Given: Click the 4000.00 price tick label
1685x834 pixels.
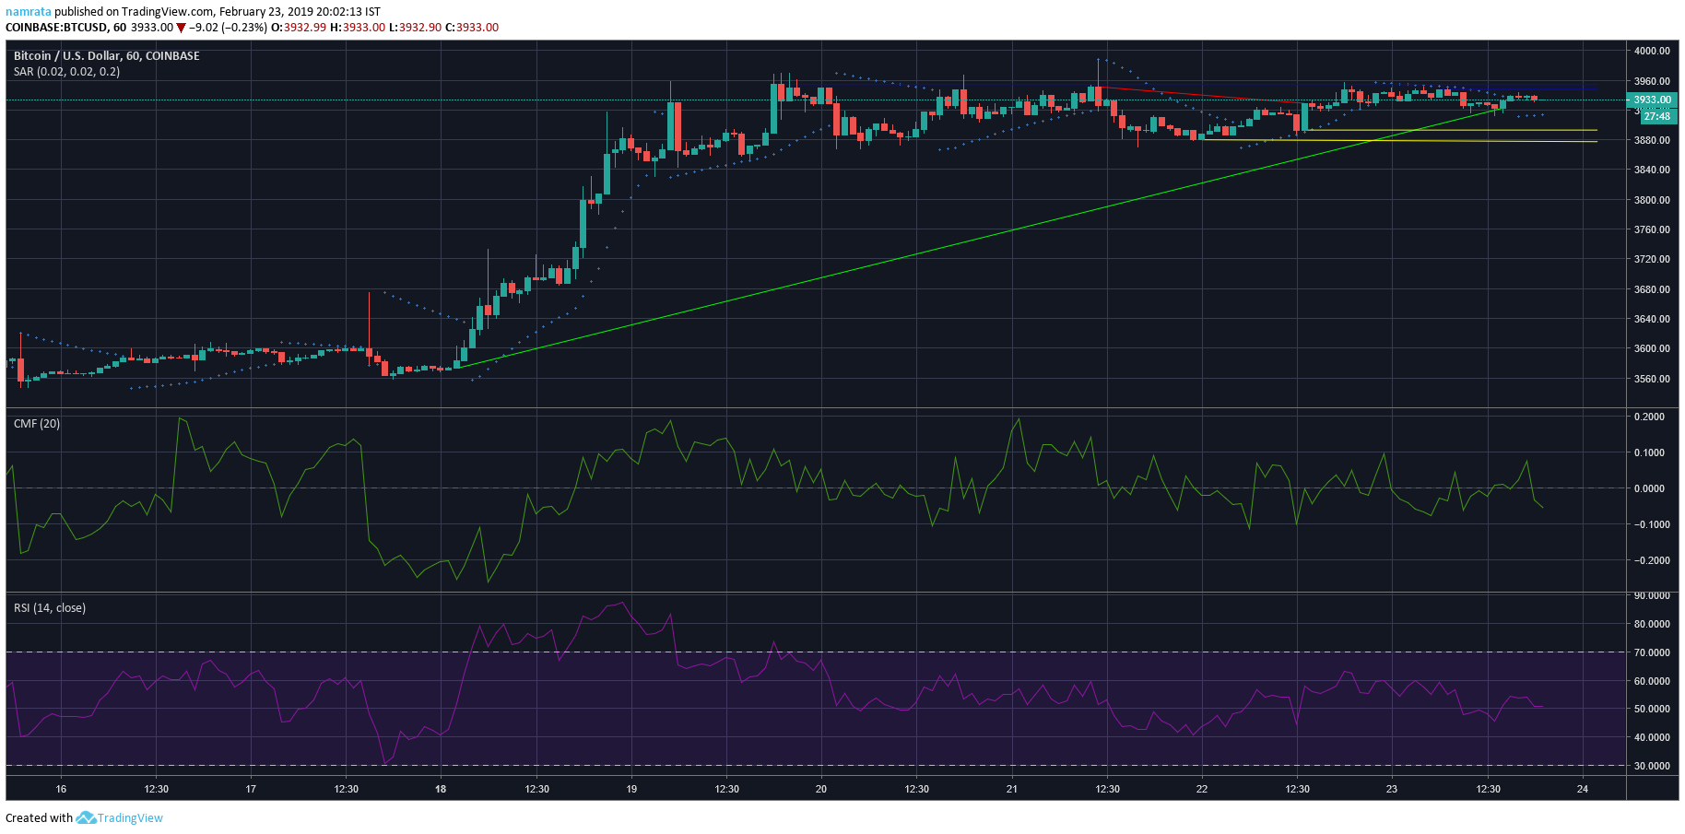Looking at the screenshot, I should click(x=1652, y=51).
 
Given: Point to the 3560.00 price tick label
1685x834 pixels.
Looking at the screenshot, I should click(x=1652, y=379).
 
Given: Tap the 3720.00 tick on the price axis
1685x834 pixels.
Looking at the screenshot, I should click(x=1652, y=259).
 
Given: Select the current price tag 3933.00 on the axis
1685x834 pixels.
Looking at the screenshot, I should click(x=1653, y=100).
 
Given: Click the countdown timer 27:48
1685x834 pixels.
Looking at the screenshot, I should click(x=1656, y=117).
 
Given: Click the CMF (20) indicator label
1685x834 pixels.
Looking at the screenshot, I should click(x=37, y=424).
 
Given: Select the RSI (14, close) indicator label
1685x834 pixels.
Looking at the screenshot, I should click(x=50, y=608).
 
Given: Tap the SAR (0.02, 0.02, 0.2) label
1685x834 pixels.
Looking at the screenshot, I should click(x=66, y=72).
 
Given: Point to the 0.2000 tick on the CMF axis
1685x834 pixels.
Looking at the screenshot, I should click(x=1650, y=417).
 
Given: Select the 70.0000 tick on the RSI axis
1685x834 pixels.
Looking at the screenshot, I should click(x=1652, y=652).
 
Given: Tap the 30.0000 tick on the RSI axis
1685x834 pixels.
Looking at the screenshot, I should click(x=1652, y=766).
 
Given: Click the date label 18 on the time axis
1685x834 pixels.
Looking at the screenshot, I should click(x=441, y=789).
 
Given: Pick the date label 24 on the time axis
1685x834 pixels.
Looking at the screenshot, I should click(x=1583, y=789).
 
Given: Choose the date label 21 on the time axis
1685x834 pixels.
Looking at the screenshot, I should click(x=1012, y=789).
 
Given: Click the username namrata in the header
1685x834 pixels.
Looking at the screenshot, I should click(x=28, y=12).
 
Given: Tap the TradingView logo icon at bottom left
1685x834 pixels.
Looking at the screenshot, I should click(x=86, y=817).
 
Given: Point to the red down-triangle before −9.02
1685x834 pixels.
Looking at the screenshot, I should click(x=182, y=28).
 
